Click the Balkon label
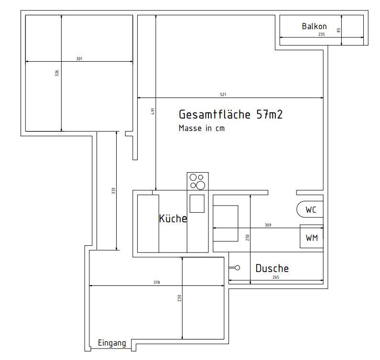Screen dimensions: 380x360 314,26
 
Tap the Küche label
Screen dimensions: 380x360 173,218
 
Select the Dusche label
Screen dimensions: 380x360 272,268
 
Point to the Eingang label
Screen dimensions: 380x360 112,343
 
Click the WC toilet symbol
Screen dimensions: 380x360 297,209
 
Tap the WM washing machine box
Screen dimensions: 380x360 312,236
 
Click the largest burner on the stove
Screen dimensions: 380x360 201,185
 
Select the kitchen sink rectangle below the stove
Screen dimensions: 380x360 197,204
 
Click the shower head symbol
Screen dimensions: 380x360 235,268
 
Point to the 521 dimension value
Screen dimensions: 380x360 223,95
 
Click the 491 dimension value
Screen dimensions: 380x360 152,111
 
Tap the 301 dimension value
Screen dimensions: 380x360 79,59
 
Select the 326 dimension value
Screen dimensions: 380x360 57,73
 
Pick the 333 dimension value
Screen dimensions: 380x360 113,191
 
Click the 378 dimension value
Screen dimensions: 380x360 157,283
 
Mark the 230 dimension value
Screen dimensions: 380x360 179,298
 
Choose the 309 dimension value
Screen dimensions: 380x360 268,225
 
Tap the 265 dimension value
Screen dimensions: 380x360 276,277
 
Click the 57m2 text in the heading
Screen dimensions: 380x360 270,114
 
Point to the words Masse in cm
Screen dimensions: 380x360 202,128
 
